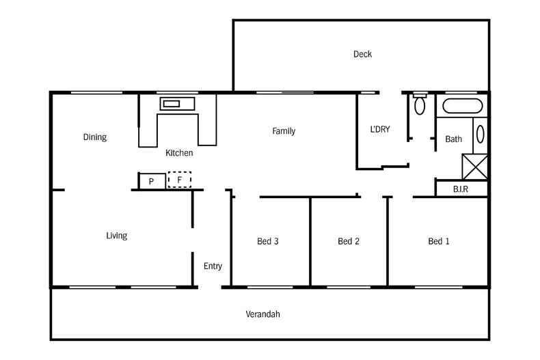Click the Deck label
click(362, 55)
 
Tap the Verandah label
click(263, 315)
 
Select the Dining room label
click(95, 137)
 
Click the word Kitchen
click(179, 153)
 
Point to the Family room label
click(284, 131)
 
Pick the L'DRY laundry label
click(379, 129)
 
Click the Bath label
click(453, 139)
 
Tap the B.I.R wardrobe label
click(461, 189)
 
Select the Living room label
click(116, 236)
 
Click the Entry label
click(213, 266)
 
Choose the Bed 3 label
click(268, 241)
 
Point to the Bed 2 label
click(349, 241)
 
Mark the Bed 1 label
click(439, 241)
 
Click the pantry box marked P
click(152, 181)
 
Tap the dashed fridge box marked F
click(180, 180)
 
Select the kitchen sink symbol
click(178, 104)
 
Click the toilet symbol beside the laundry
click(420, 105)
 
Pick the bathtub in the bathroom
click(463, 106)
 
